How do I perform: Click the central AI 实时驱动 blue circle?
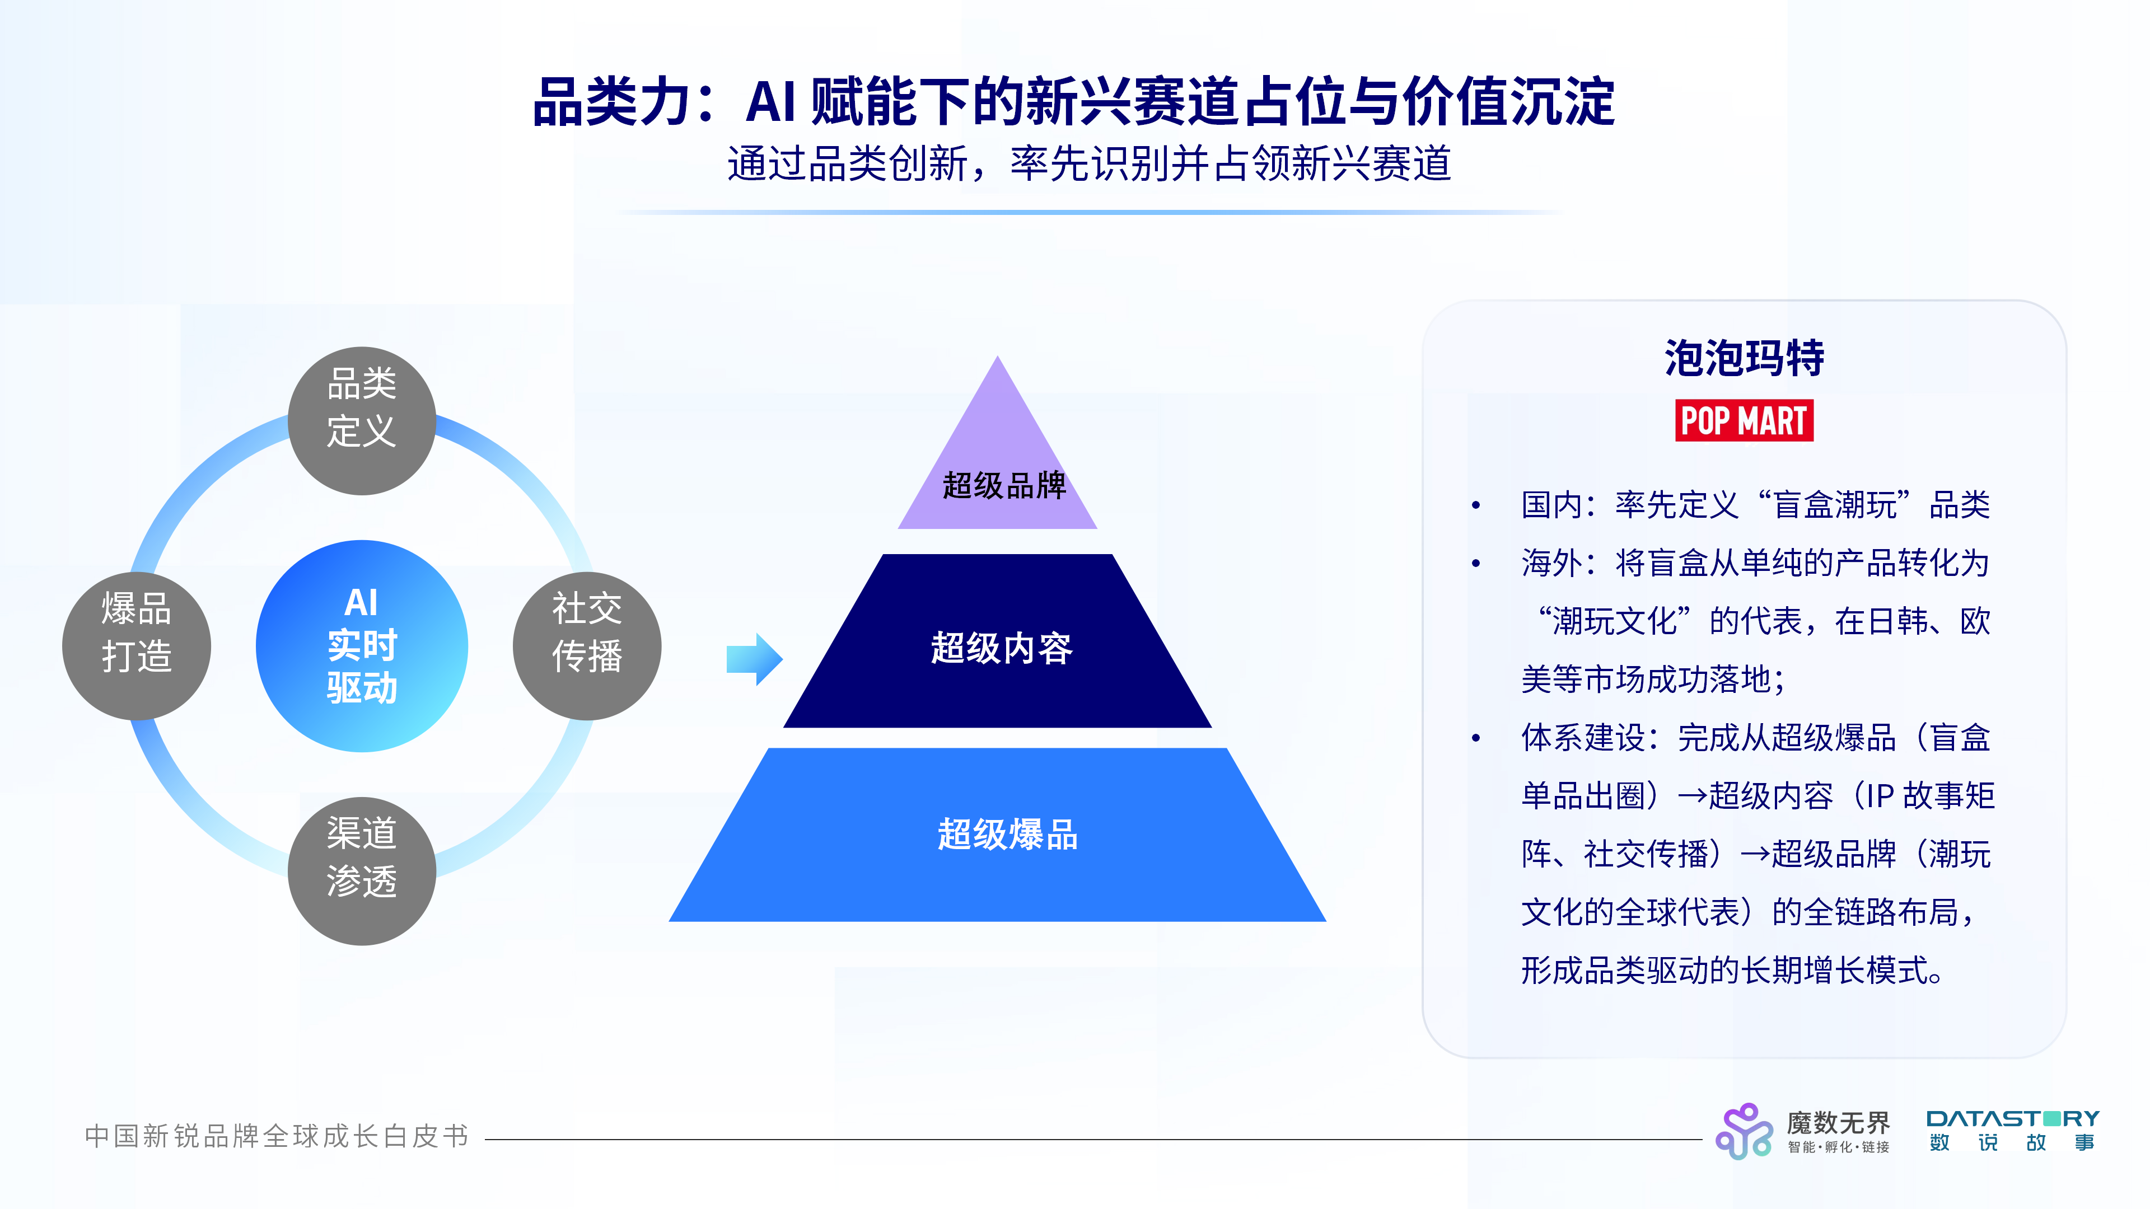pyautogui.click(x=361, y=646)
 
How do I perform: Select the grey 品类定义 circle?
pyautogui.click(x=361, y=420)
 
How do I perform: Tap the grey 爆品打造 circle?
pyautogui.click(x=136, y=646)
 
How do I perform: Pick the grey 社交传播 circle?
pyautogui.click(x=587, y=646)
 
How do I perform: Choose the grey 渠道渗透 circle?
pyautogui.click(x=361, y=870)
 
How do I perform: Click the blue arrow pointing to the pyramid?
pyautogui.click(x=754, y=658)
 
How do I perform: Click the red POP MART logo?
pyautogui.click(x=1744, y=420)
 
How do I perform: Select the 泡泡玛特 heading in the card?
pyautogui.click(x=1744, y=359)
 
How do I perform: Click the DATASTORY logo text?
pyautogui.click(x=2012, y=1119)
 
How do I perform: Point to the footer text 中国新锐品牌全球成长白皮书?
pyautogui.click(x=276, y=1136)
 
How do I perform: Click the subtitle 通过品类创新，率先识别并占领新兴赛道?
pyautogui.click(x=1088, y=163)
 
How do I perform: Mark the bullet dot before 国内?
pyautogui.click(x=1476, y=505)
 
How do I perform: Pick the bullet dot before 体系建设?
pyautogui.click(x=1476, y=738)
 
